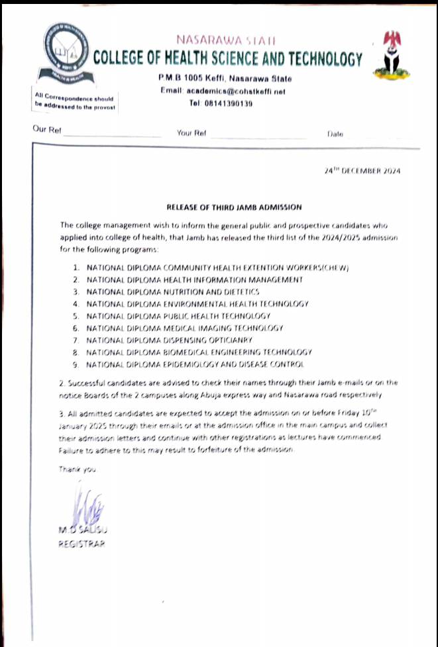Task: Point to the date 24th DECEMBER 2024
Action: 362,170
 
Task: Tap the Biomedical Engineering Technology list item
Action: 199,352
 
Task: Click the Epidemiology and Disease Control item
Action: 195,364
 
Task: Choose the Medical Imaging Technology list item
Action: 185,328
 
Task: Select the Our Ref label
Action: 47,130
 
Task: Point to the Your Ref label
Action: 192,133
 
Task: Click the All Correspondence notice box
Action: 76,101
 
